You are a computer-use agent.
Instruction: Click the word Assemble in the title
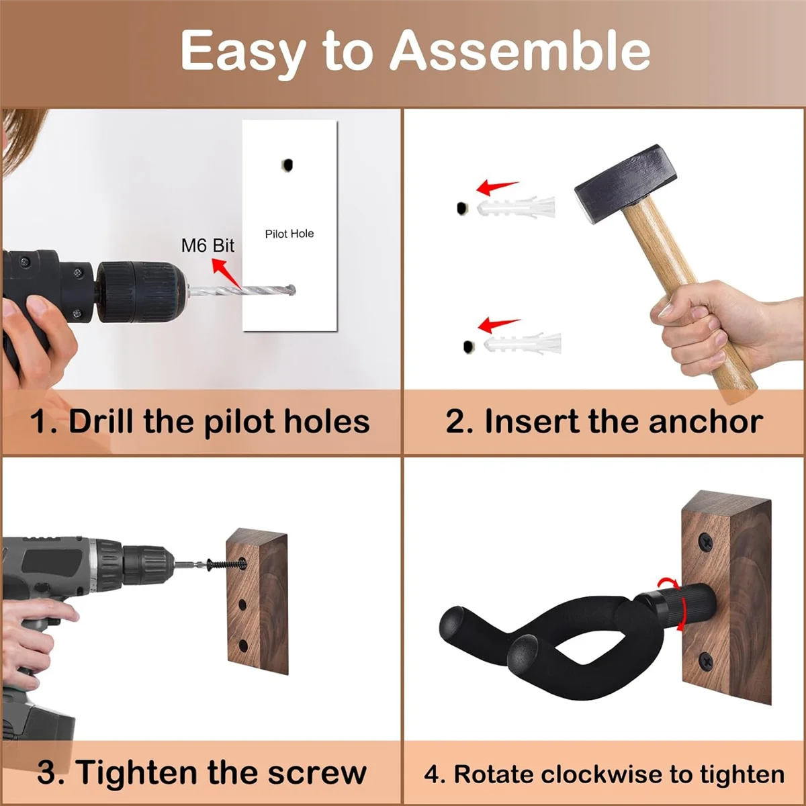click(x=520, y=52)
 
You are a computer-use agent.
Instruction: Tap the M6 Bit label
click(x=208, y=246)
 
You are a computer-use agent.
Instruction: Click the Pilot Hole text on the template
click(x=289, y=234)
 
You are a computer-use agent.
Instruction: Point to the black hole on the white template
click(x=287, y=165)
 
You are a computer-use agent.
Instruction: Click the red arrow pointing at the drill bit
click(x=226, y=270)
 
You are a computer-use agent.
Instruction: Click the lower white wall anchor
click(x=523, y=344)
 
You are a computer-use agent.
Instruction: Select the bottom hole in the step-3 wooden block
click(x=243, y=646)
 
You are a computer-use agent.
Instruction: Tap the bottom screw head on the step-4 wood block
click(x=706, y=661)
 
